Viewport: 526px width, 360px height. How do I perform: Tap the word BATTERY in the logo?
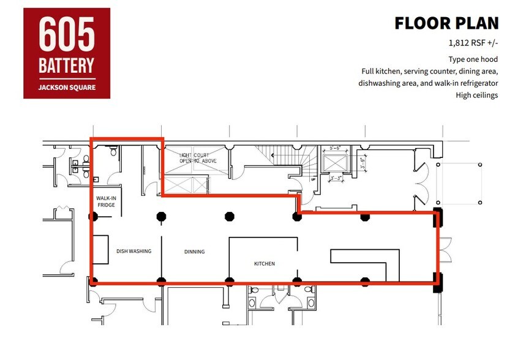click(67, 65)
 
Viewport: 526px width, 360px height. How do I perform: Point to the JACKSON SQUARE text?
click(67, 86)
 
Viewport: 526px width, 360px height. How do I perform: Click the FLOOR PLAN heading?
click(446, 23)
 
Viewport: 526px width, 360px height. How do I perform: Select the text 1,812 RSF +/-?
click(473, 44)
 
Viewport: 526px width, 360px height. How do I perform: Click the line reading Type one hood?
click(473, 59)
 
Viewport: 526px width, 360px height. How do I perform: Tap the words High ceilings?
click(476, 95)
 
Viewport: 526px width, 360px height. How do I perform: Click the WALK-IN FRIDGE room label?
click(106, 201)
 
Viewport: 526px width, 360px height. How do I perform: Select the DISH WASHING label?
click(133, 251)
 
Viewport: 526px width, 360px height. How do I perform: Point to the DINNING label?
click(194, 252)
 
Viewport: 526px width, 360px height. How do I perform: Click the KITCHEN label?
click(265, 264)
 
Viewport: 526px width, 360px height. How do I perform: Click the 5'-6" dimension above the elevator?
click(335, 148)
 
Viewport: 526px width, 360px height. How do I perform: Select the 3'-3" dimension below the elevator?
click(335, 178)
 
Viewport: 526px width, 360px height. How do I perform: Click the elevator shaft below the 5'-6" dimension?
click(334, 162)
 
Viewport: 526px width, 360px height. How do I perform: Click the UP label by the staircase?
click(313, 179)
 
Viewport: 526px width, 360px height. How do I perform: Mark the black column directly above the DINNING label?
click(162, 216)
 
